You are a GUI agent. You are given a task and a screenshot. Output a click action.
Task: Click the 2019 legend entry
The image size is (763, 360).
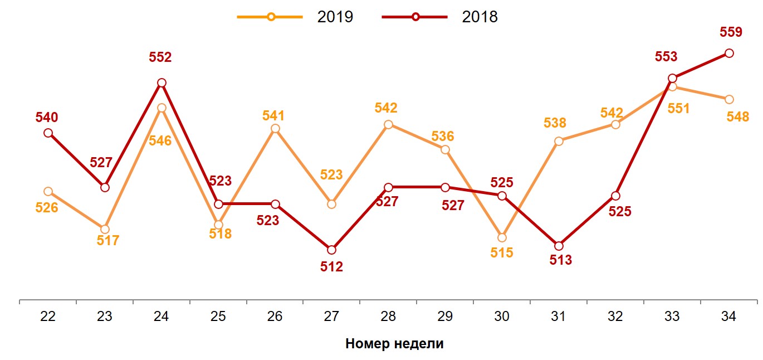[x=295, y=17]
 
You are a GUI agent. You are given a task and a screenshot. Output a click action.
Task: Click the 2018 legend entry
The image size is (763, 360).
[x=440, y=17]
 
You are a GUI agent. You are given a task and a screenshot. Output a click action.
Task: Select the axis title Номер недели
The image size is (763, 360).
[x=394, y=343]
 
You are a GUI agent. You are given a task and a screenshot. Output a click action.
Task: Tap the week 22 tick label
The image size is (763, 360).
[x=48, y=317]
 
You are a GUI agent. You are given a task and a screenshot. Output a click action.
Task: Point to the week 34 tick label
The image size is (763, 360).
[x=728, y=317]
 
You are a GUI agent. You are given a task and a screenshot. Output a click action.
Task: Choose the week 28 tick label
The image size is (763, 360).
[x=388, y=317]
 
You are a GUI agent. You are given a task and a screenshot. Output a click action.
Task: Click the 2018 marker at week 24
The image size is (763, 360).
[x=162, y=83]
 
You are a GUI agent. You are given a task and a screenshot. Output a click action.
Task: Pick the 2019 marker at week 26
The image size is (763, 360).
[x=275, y=129]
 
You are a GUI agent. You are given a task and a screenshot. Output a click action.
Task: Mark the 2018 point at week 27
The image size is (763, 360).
[x=331, y=250]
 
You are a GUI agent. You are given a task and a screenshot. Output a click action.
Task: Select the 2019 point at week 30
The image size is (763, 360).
[x=502, y=238]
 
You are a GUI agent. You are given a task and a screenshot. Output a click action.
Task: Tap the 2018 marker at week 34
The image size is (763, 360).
[x=728, y=53]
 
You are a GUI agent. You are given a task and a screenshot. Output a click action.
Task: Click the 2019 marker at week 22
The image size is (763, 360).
[x=48, y=192]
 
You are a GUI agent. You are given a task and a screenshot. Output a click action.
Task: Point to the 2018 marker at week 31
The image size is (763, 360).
[x=559, y=246]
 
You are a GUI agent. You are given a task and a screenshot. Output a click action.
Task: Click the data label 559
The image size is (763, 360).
[x=731, y=32]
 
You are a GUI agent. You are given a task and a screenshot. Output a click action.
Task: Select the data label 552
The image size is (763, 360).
[x=160, y=57]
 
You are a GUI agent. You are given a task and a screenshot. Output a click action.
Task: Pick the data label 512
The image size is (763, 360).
[x=331, y=267]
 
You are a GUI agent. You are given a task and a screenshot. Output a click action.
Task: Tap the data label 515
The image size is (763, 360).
[x=501, y=253]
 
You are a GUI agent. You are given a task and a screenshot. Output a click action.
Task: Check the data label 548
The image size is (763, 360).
[x=738, y=117]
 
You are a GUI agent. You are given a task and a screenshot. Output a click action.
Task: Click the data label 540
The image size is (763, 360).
[x=47, y=118]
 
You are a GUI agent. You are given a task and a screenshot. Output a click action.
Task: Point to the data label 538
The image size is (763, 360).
[x=555, y=123]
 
